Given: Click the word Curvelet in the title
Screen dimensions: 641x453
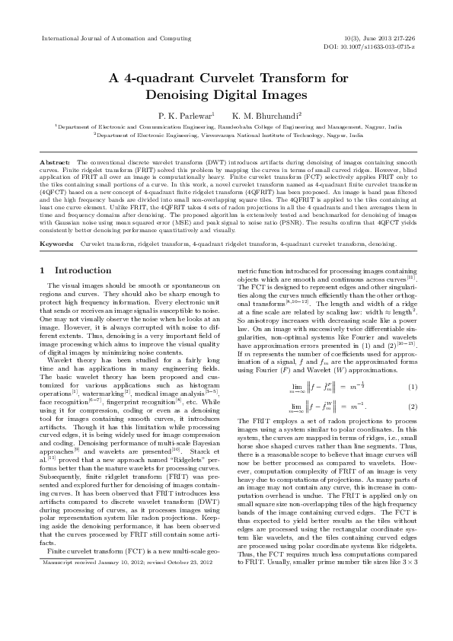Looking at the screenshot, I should click(x=219, y=78).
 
